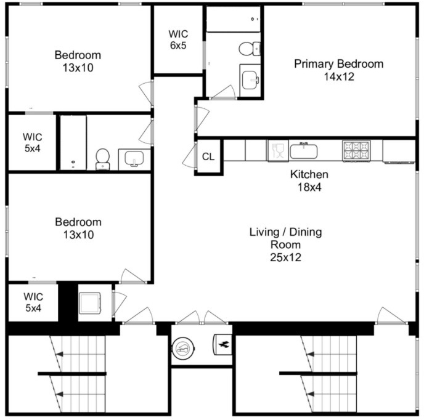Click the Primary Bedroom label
[338, 64]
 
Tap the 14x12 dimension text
[339, 77]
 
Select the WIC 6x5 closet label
[178, 39]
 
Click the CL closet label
[208, 156]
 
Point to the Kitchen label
[309, 174]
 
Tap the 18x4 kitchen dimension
[309, 187]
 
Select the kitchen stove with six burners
[356, 151]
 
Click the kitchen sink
[303, 151]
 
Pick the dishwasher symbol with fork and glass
[279, 151]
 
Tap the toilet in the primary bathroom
[250, 49]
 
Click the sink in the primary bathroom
[250, 80]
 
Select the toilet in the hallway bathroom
[103, 159]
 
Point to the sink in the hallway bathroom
[134, 159]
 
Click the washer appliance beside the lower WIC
[90, 303]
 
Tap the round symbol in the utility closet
[183, 349]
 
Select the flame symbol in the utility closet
[223, 344]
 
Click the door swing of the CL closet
[189, 156]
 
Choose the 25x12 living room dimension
[285, 257]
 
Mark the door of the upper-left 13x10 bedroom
[146, 93]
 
